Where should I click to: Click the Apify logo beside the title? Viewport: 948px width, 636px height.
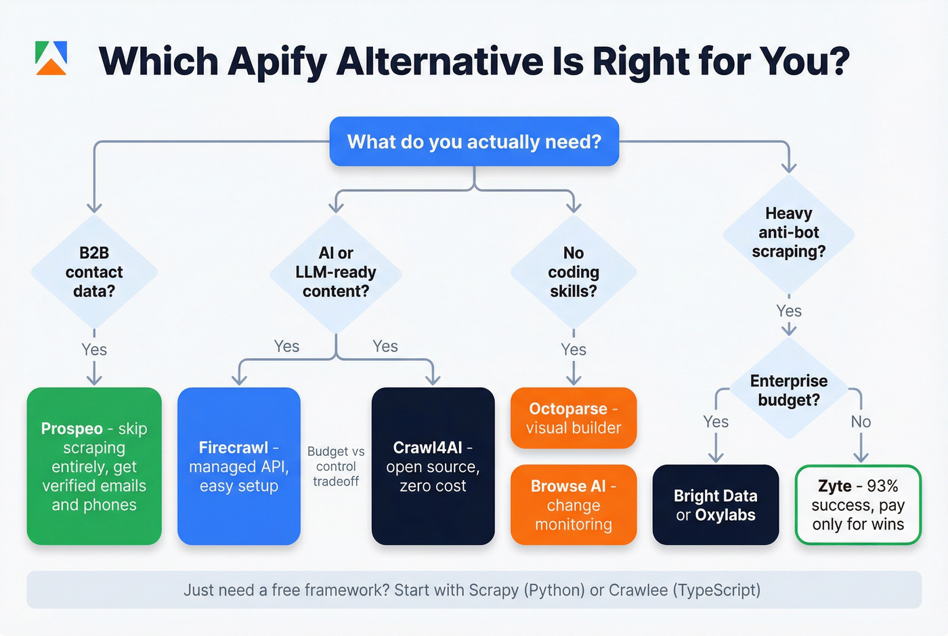click(51, 58)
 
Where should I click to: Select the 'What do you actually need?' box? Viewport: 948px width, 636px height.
click(474, 142)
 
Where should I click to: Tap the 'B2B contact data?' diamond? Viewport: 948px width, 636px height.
click(94, 272)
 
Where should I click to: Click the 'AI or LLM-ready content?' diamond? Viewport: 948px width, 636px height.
click(336, 272)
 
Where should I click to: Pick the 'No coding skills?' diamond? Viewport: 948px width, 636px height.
click(574, 272)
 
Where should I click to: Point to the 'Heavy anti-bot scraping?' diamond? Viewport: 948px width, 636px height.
click(789, 233)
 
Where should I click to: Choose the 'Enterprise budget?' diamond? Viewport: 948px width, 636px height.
click(789, 390)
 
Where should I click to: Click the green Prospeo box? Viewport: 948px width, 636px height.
click(94, 466)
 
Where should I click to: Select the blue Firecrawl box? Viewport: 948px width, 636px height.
click(238, 466)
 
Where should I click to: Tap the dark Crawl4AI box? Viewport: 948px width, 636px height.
click(433, 466)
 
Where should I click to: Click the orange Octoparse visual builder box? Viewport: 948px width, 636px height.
click(574, 418)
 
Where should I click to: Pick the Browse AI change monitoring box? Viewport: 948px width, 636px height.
click(574, 505)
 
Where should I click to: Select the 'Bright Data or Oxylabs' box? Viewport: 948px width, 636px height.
click(715, 505)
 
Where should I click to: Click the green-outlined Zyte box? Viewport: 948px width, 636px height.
click(858, 505)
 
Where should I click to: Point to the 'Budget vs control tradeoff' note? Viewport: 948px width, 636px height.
click(336, 466)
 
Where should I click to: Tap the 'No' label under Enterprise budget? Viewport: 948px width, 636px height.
click(861, 422)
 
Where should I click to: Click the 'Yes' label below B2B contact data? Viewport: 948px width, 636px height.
click(94, 349)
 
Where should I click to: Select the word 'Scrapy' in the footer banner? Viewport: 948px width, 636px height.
click(493, 590)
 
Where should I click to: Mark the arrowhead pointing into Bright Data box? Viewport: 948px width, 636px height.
click(716, 458)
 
